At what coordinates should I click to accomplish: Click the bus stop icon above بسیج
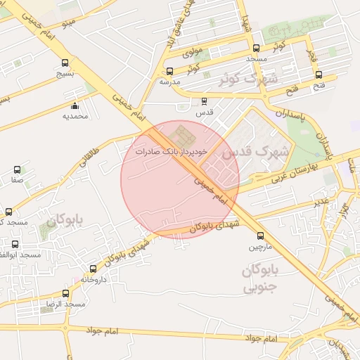(65, 62)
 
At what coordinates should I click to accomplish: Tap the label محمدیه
(75, 116)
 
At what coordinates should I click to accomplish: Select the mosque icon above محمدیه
(75, 106)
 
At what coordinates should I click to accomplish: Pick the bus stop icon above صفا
(18, 169)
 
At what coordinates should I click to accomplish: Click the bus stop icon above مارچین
(261, 236)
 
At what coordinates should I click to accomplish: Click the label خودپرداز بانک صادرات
(168, 151)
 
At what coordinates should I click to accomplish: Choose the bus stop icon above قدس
(204, 101)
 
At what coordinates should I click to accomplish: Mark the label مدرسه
(169, 82)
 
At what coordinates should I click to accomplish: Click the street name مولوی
(193, 53)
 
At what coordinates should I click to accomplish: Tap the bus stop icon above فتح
(319, 75)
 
